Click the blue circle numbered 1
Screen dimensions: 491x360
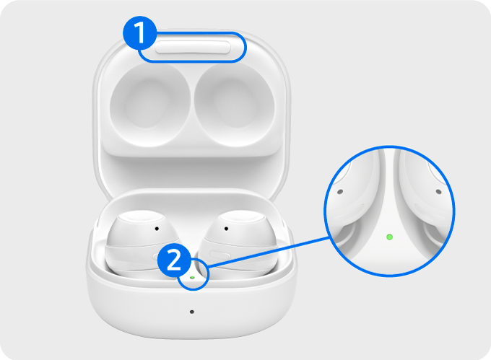139,33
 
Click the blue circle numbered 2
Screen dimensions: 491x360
174,260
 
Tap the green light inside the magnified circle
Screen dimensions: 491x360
389,237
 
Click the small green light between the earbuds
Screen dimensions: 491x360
192,278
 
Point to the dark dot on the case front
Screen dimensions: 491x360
192,312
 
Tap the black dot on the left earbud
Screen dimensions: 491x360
157,229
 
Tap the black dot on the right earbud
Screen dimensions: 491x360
226,229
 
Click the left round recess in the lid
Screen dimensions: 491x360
150,105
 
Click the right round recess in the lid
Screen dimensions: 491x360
234,105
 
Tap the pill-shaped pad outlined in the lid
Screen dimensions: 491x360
193,47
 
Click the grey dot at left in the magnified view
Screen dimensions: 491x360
340,191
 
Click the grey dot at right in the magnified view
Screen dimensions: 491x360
439,191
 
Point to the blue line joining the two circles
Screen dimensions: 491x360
268,252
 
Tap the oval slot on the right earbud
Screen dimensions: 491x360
220,255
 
